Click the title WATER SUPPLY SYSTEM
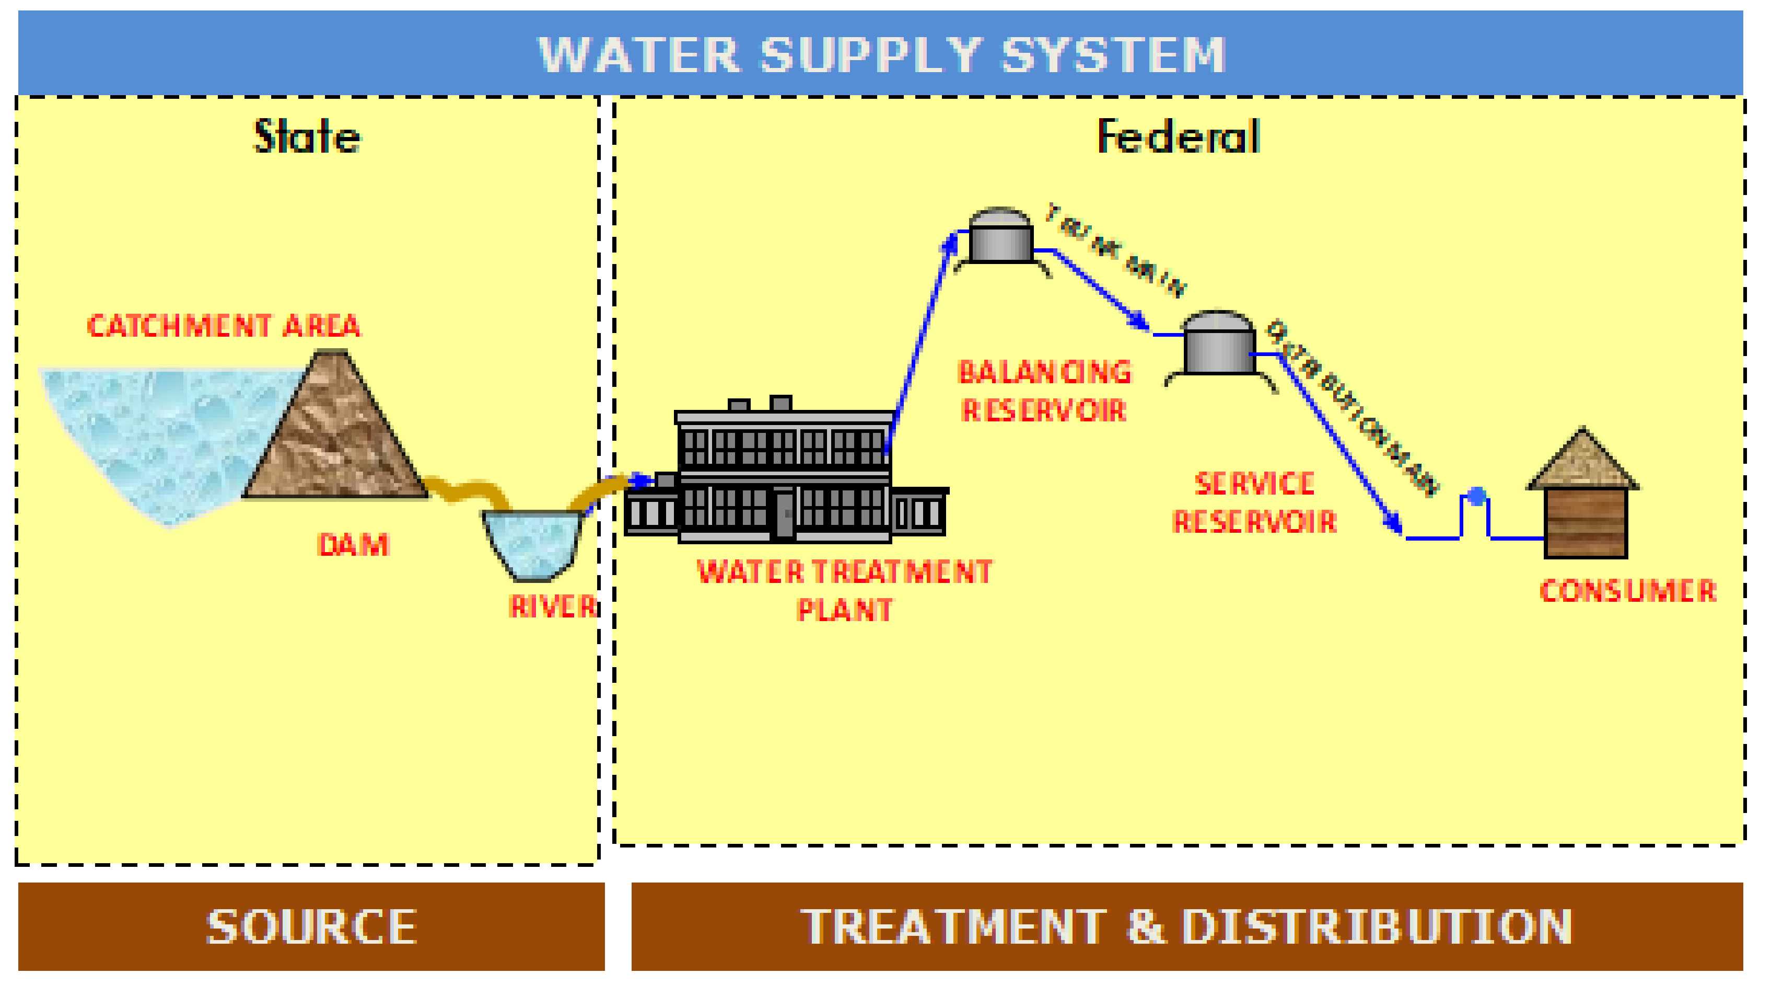tap(881, 54)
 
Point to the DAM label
tap(353, 545)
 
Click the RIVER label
tap(552, 606)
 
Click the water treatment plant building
tap(784, 475)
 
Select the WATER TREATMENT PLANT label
tap(844, 590)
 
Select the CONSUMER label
tap(1627, 590)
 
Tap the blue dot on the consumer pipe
tap(1476, 495)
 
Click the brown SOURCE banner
tap(311, 926)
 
